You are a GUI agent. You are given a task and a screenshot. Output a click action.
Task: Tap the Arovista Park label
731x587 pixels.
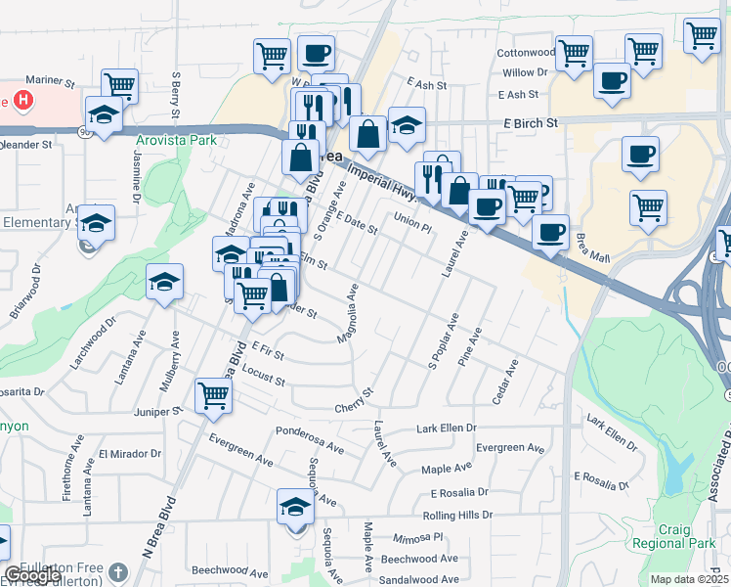tap(175, 140)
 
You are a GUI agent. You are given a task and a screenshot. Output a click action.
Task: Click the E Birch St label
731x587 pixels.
tap(530, 123)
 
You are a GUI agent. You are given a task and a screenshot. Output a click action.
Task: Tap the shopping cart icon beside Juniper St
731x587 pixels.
tap(213, 396)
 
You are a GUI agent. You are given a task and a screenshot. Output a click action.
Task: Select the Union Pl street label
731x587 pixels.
tap(411, 222)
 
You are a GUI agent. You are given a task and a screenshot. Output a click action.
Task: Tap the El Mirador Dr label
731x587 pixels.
tap(129, 454)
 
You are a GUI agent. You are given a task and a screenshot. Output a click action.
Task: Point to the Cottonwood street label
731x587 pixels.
tap(526, 52)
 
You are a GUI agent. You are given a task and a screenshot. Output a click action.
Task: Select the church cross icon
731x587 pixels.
tap(116, 572)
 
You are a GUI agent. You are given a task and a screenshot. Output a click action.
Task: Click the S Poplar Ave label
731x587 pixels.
tap(444, 340)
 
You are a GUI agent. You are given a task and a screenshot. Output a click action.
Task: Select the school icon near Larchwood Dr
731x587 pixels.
tap(164, 282)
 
